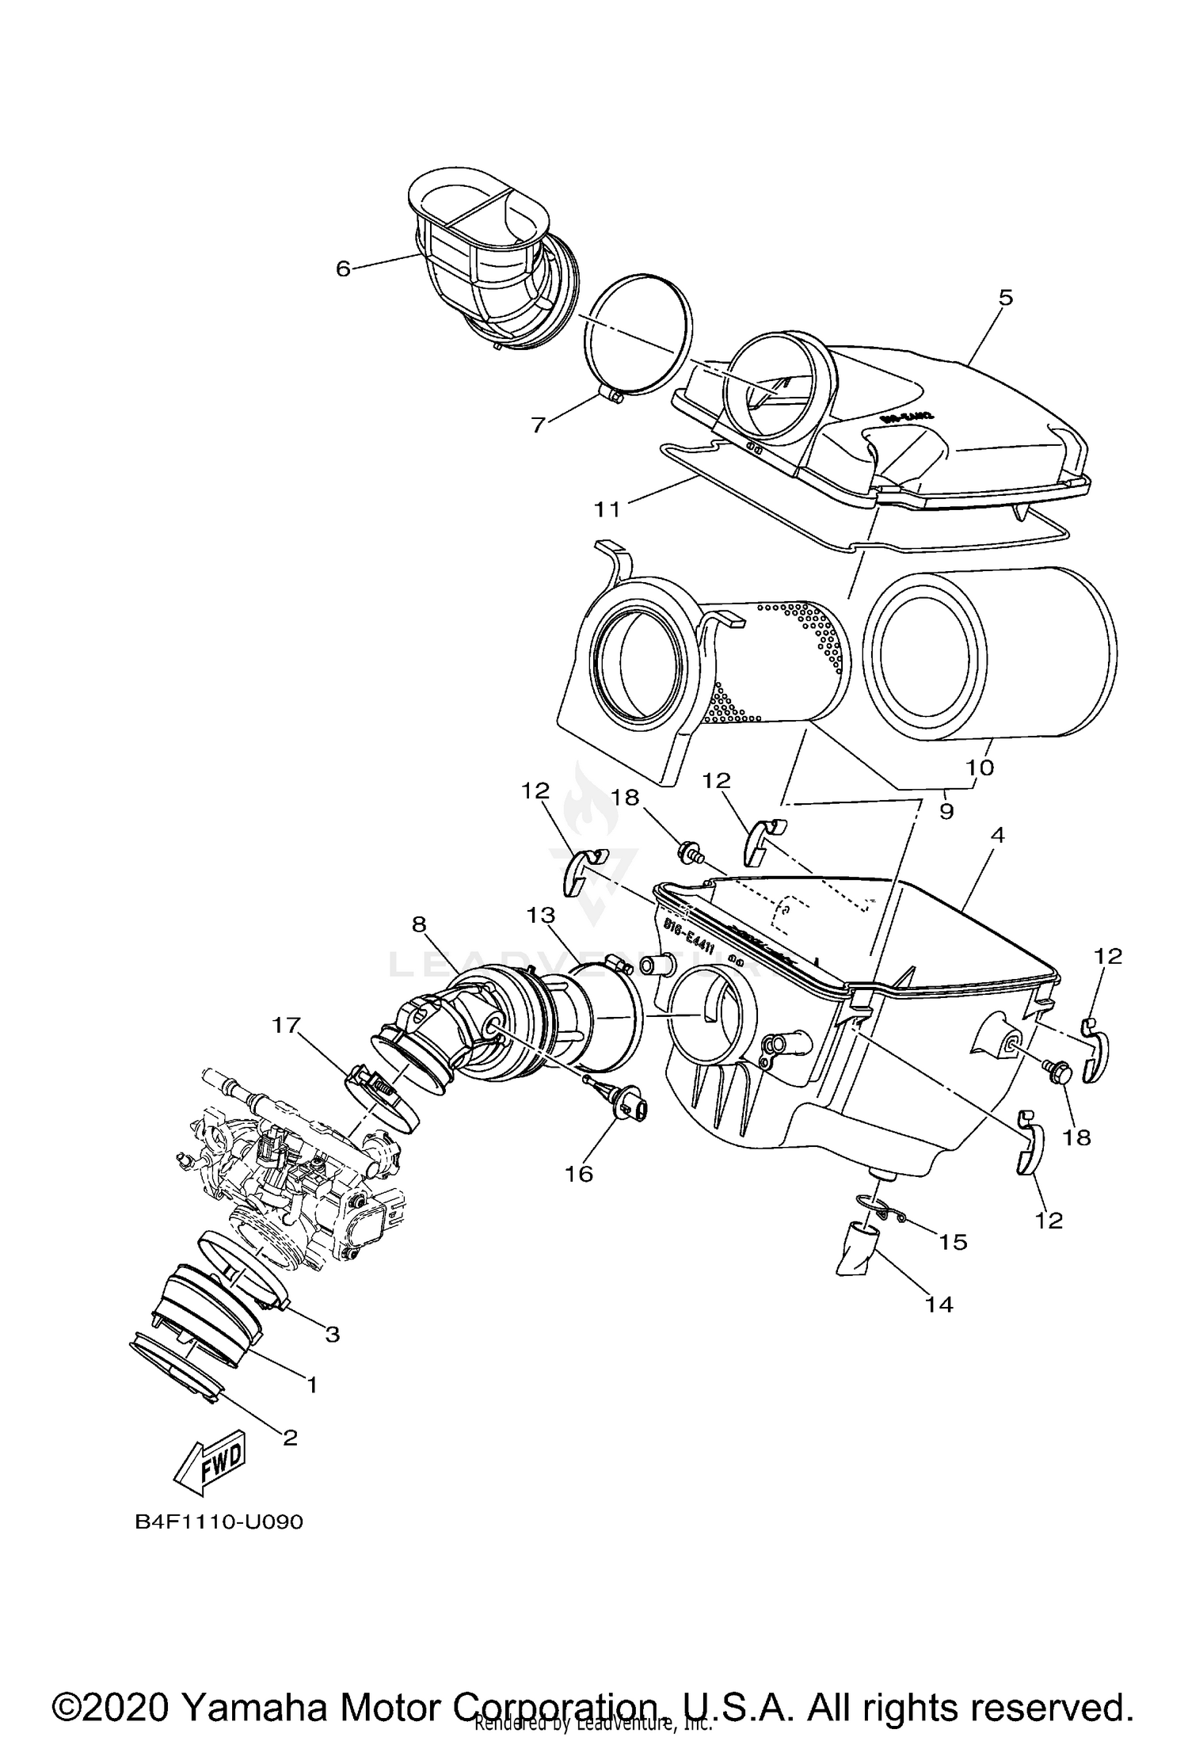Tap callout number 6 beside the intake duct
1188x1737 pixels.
342,269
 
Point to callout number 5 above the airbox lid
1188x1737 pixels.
1005,298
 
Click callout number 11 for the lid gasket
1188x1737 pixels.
607,509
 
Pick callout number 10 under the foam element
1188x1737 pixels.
980,768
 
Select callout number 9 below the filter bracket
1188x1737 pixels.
946,811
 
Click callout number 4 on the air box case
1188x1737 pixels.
997,835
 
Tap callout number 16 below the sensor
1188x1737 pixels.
579,1173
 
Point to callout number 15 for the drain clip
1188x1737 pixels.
954,1242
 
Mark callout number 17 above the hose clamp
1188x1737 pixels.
287,1025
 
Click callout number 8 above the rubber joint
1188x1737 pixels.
419,924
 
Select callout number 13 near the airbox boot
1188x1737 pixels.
543,915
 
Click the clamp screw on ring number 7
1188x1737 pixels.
611,394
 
